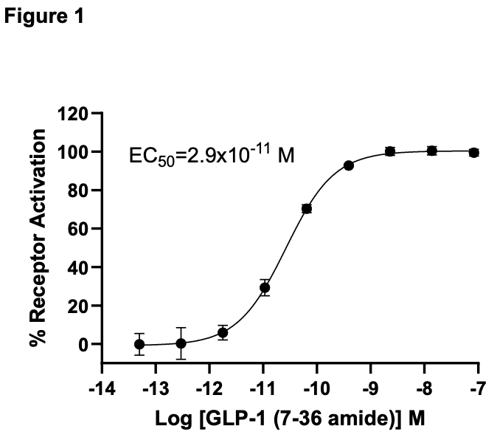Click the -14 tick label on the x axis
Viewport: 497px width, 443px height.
point(102,388)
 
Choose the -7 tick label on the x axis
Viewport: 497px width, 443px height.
point(479,388)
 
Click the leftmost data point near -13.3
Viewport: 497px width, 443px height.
point(139,344)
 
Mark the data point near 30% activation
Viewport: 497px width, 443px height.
point(265,288)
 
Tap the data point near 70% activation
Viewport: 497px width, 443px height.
point(307,209)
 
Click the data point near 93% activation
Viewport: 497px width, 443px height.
point(348,165)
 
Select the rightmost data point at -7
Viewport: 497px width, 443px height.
point(474,153)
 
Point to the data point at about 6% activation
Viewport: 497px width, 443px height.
point(223,333)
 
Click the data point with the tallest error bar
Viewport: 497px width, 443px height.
point(181,343)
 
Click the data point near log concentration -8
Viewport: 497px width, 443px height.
point(432,151)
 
